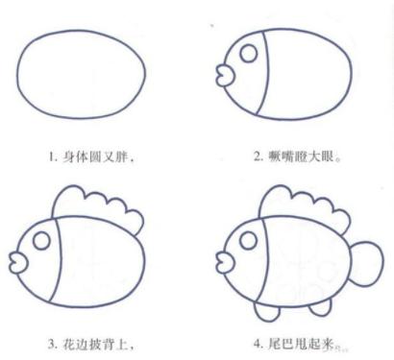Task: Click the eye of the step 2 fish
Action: point(249,53)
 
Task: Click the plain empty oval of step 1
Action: point(16,74)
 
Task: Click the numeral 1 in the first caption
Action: point(51,157)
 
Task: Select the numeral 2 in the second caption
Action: point(258,156)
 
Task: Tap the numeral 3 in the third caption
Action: point(52,345)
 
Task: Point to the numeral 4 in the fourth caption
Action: point(258,345)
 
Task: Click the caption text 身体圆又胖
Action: point(95,157)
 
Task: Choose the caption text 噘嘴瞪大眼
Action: point(301,156)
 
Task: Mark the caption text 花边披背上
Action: point(95,345)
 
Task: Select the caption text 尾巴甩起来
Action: point(301,345)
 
